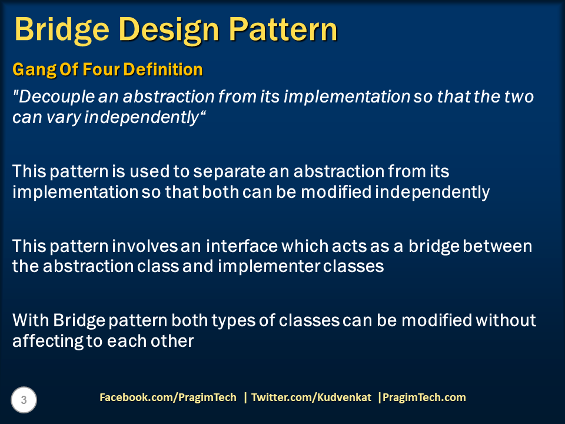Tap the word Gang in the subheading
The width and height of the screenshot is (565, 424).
point(34,70)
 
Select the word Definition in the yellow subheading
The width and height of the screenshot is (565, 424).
point(163,69)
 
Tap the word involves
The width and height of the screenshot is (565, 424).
point(145,246)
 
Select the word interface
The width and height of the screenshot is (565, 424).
point(242,246)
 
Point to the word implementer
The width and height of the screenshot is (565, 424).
point(269,267)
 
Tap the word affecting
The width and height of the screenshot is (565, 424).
point(48,342)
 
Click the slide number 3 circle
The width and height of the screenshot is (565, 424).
point(24,400)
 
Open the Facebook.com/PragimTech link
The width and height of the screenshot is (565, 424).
point(168,397)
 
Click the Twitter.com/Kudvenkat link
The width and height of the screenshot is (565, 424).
point(311,397)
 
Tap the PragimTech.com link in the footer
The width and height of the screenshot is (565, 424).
point(424,397)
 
